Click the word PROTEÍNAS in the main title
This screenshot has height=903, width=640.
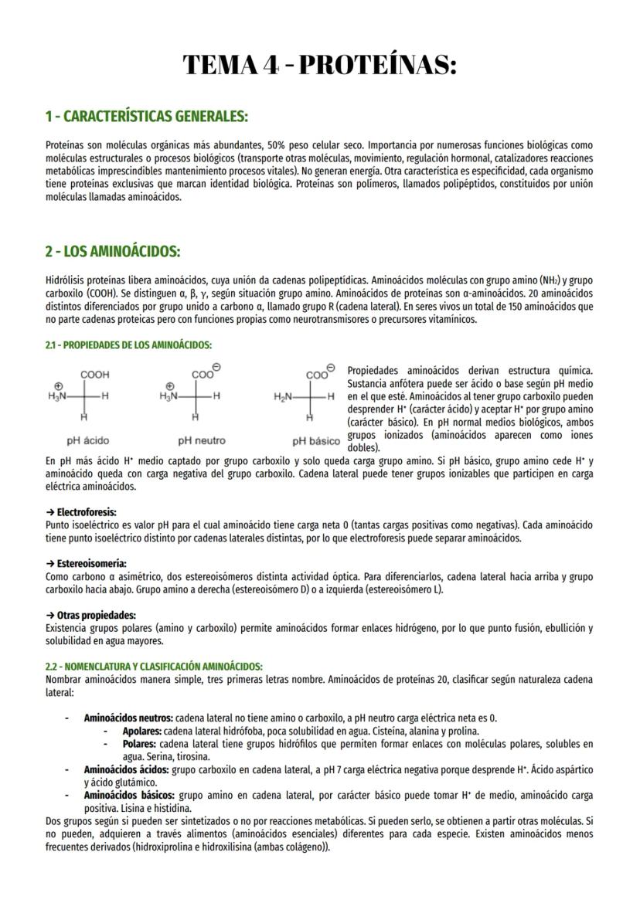[x=376, y=65]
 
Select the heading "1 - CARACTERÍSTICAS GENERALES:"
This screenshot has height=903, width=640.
[x=146, y=117]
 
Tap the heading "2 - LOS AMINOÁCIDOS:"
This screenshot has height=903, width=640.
[x=113, y=252]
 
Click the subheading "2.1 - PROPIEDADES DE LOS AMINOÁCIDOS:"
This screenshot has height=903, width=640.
[x=128, y=345]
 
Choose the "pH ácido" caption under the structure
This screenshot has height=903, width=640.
[x=87, y=440]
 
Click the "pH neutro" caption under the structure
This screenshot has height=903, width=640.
[x=202, y=440]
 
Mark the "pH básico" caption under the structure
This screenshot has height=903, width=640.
[x=316, y=441]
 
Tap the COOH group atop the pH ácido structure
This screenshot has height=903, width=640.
[x=94, y=375]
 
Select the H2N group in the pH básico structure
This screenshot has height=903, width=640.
[x=283, y=396]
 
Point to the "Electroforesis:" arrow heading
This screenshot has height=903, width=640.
[x=81, y=512]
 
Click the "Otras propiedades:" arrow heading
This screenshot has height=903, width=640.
[x=90, y=616]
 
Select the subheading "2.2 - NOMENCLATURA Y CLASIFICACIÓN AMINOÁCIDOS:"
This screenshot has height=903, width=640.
[x=154, y=667]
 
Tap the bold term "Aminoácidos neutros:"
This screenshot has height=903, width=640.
[x=128, y=718]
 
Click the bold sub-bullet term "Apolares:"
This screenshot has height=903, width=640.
[x=141, y=731]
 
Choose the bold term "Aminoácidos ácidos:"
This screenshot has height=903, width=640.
[x=126, y=770]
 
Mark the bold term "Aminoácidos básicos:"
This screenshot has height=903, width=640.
[x=129, y=795]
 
